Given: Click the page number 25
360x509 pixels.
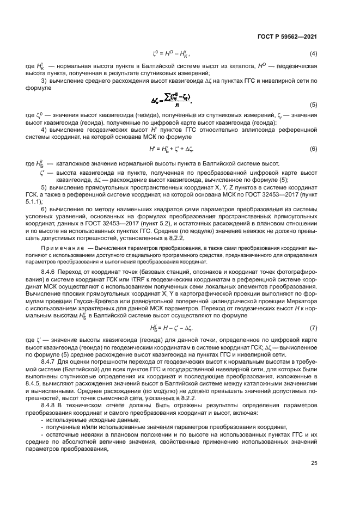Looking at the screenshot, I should (x=314, y=464).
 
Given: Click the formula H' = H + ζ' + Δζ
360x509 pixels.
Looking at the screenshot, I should (x=172, y=149).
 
